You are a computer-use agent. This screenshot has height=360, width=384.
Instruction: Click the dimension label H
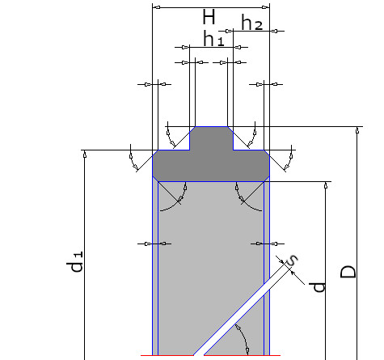point(209,17)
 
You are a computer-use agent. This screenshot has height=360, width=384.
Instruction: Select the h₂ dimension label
point(252,23)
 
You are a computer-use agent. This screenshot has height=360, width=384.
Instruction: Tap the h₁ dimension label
point(213,39)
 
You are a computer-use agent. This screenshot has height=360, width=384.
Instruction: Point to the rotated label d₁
point(75,262)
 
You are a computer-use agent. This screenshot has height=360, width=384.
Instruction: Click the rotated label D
point(348,272)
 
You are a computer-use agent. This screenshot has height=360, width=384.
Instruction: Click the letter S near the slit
point(292,260)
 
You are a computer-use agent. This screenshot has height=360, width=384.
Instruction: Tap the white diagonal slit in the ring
point(240,310)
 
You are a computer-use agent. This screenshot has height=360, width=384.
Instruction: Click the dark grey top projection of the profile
point(211,138)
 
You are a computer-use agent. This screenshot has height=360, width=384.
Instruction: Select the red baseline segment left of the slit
point(167,355)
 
